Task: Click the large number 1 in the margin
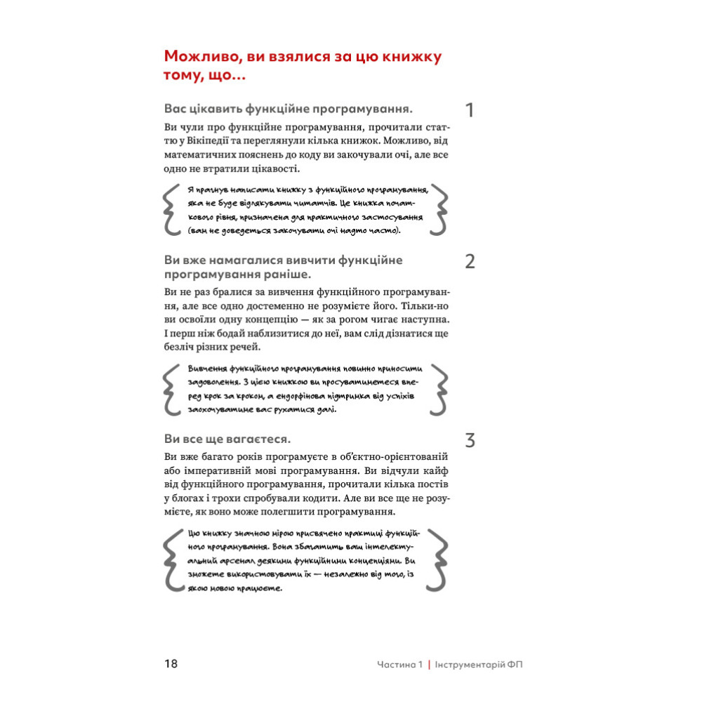point(470,110)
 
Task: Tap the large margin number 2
point(470,262)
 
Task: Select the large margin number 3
point(470,441)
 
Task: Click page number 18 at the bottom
point(171,663)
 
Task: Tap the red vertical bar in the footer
point(428,664)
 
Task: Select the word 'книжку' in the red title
point(409,56)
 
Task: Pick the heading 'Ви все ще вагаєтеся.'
point(227,439)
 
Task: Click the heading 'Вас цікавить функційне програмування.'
point(287,109)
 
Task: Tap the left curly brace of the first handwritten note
point(171,209)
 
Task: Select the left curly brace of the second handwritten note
point(171,388)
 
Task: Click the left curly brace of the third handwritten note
point(171,560)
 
